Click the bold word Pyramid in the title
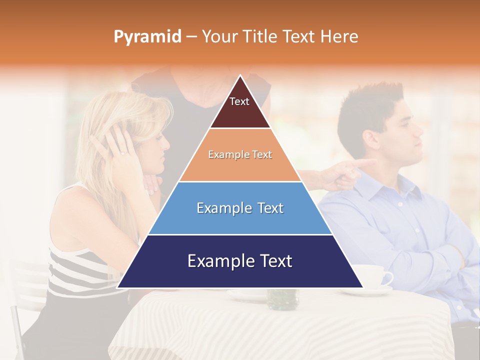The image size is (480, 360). pyautogui.click(x=147, y=37)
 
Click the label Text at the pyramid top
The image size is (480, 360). pyautogui.click(x=239, y=101)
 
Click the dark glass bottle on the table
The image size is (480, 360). pyautogui.click(x=282, y=298)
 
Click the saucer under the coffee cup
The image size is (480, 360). pyautogui.click(x=375, y=290)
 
